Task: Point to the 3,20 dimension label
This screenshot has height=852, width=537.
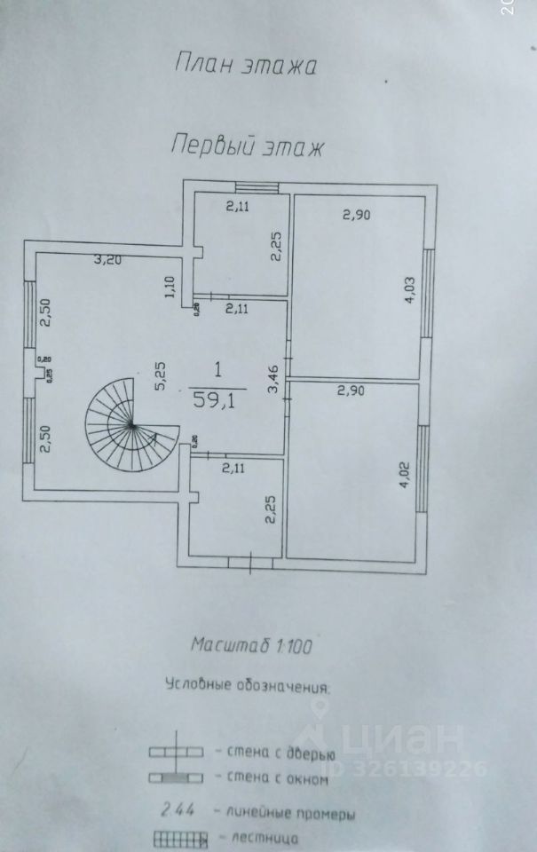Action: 109,261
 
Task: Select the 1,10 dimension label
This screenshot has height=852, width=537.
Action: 169,288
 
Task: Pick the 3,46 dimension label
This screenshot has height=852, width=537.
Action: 273,379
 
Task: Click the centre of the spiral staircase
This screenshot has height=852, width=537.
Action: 130,427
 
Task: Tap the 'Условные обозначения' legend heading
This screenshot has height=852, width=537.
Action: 247,685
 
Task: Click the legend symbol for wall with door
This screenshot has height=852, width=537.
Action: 177,751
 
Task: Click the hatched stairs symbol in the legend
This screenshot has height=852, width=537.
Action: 178,838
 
